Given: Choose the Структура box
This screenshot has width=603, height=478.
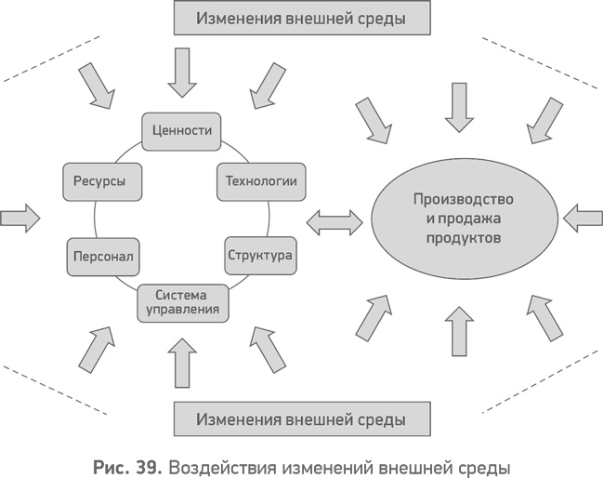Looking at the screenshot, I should [x=260, y=254].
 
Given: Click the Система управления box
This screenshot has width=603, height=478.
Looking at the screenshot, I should [x=184, y=302].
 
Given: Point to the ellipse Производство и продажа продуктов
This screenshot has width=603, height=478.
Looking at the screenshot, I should [x=463, y=219].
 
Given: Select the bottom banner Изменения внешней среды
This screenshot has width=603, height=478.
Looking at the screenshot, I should [x=302, y=418].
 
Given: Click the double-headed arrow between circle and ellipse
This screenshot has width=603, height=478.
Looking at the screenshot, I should [x=334, y=220].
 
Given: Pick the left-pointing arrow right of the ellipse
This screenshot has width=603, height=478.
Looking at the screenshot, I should [x=583, y=219].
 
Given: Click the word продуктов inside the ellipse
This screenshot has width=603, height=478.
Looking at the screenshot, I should [x=463, y=238].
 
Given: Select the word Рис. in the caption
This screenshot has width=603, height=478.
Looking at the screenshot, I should [x=114, y=463].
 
